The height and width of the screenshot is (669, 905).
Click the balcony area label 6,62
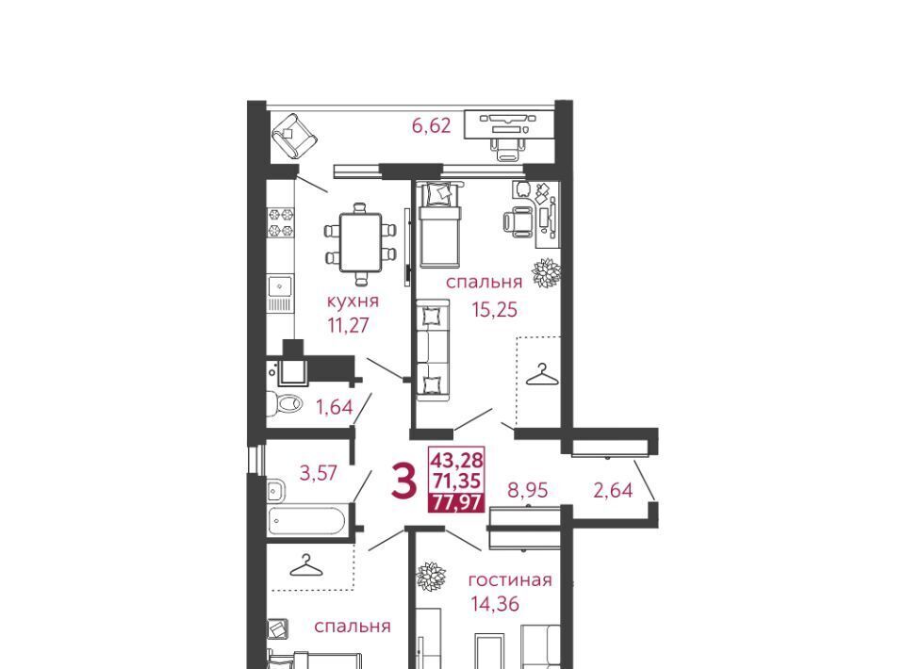431,125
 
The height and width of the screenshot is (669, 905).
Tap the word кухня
353,302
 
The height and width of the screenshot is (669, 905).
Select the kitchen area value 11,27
348,325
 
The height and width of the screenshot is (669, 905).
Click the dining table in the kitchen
361,243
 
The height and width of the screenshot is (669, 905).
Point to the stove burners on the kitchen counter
281,222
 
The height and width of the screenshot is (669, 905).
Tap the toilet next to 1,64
284,402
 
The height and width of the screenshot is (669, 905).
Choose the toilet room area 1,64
334,407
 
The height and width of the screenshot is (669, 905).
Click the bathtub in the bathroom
306,521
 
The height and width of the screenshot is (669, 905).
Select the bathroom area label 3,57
319,473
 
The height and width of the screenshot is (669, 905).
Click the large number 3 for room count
403,482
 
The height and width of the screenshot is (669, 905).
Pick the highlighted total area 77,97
456,503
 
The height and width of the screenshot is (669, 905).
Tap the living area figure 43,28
456,460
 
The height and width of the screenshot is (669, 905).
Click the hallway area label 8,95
528,490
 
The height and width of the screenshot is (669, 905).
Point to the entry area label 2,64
613,490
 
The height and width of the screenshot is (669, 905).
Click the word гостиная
510,579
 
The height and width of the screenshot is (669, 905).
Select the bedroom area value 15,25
495,310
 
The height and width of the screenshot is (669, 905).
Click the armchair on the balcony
295,136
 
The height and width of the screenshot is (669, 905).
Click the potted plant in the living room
432,576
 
